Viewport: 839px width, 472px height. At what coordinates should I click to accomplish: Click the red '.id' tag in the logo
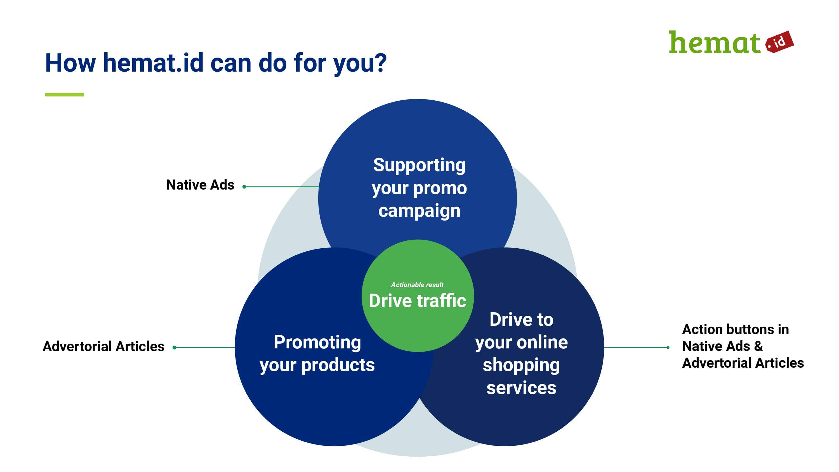[x=779, y=42]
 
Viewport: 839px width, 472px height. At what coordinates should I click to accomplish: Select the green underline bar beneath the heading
[x=65, y=95]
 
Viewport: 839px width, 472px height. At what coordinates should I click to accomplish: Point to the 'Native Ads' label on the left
[x=200, y=185]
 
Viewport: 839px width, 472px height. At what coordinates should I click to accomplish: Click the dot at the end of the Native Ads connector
[x=244, y=187]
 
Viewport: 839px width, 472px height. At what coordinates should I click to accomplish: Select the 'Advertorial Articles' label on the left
[x=103, y=346]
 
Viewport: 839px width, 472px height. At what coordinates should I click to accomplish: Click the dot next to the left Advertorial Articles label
[x=174, y=348]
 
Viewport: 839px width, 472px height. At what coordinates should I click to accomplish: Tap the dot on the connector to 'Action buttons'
[x=668, y=348]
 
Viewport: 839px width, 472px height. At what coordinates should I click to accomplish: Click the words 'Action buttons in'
[x=736, y=329]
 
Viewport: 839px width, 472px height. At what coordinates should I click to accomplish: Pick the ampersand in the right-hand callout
[x=758, y=346]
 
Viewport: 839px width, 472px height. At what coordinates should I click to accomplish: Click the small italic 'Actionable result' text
[x=417, y=285]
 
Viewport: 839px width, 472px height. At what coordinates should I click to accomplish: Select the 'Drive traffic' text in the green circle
[x=417, y=300]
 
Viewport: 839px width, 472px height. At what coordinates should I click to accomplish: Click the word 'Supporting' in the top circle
[x=419, y=165]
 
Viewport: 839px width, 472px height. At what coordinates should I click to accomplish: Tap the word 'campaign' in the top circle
[x=419, y=211]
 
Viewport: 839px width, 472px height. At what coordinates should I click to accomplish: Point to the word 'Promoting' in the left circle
[x=317, y=342]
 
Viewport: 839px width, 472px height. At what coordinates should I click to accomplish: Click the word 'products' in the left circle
[x=338, y=365]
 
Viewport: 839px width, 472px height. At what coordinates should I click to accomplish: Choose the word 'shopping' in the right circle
[x=521, y=365]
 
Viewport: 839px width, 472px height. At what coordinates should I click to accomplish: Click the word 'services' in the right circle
[x=521, y=388]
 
